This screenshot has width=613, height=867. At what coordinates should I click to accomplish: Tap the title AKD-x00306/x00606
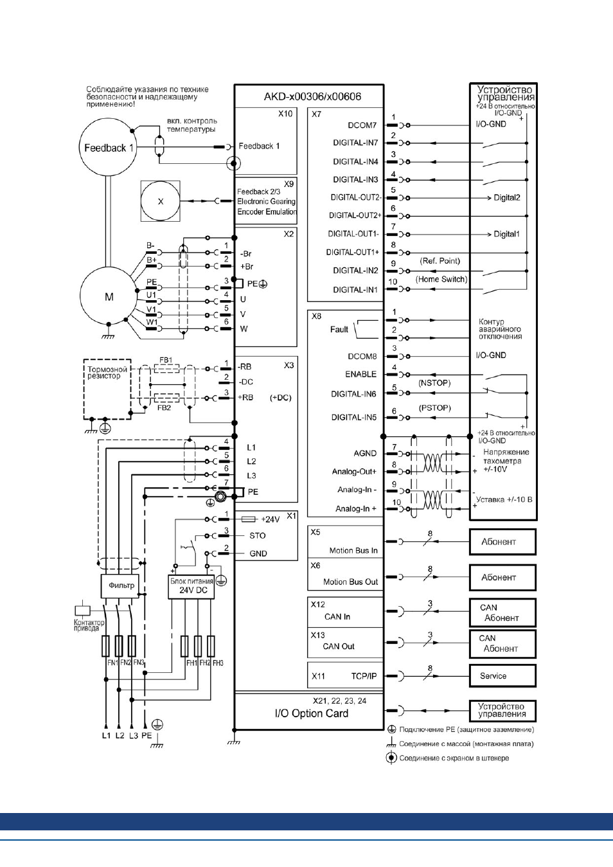click(312, 96)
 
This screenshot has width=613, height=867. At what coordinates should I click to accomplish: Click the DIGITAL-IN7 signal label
click(355, 143)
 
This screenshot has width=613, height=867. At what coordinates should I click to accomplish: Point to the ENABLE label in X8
click(360, 374)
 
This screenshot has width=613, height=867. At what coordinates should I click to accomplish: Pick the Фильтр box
click(120, 585)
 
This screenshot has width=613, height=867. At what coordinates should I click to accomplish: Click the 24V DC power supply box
click(191, 587)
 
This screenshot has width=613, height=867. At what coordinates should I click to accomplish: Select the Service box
click(502, 675)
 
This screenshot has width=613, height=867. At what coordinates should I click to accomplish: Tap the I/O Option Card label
click(312, 713)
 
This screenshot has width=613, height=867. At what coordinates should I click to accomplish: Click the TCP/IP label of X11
click(364, 676)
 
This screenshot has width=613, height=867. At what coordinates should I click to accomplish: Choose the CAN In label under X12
click(337, 616)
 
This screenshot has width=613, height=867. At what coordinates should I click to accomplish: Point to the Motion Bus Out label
click(350, 582)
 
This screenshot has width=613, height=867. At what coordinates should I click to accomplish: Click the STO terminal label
click(258, 535)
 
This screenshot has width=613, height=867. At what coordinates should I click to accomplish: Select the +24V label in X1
click(270, 519)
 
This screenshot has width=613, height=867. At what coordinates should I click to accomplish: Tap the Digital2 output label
click(506, 198)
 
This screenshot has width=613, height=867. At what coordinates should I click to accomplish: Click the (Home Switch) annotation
click(441, 279)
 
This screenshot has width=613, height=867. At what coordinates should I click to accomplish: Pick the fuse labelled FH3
click(211, 646)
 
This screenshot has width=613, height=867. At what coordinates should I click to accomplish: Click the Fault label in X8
click(339, 329)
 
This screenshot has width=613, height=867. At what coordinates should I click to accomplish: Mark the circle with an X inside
click(160, 201)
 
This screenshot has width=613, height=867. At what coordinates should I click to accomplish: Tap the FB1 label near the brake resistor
click(166, 360)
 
